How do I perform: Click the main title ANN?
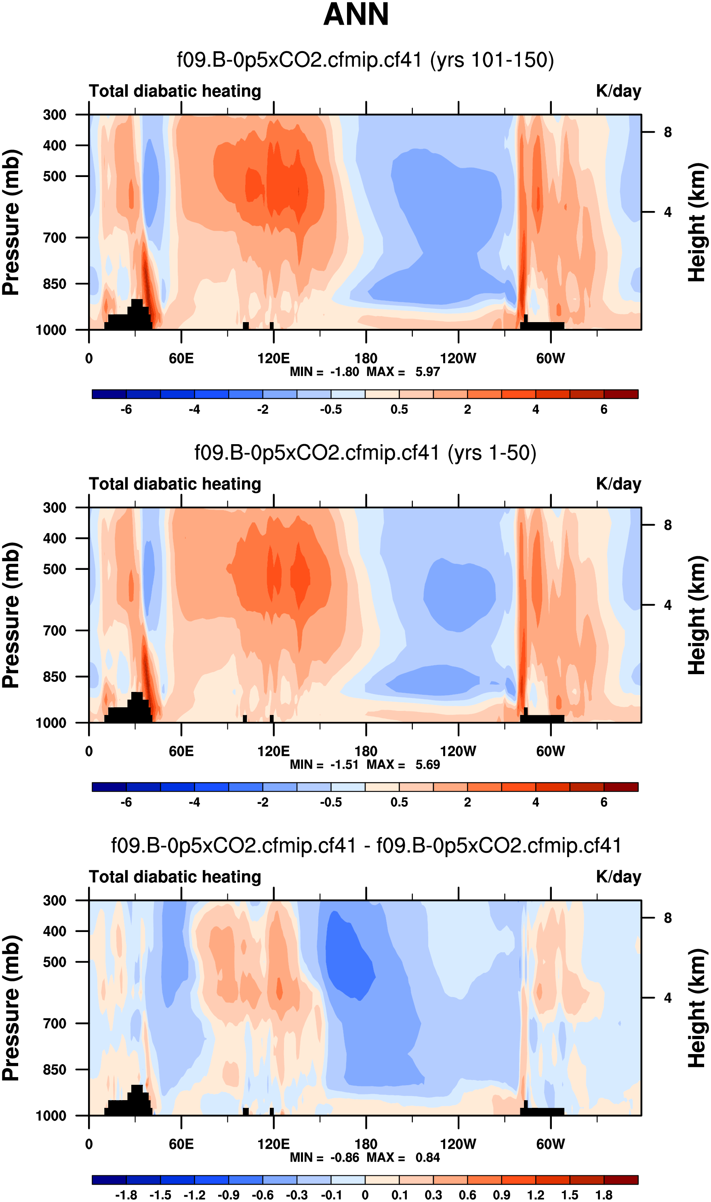pos(355,15)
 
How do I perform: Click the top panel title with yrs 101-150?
pos(365,60)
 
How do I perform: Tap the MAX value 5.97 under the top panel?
pos(427,372)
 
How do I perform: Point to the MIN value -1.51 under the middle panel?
pos(345,764)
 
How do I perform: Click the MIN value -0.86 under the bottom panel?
pos(345,1158)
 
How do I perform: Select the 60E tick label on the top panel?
pos(181,358)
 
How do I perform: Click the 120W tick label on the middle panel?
pos(458,751)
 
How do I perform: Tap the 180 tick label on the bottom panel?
pos(366,1144)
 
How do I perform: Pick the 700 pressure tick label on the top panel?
pos(55,238)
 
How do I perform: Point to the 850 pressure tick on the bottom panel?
pos(55,1069)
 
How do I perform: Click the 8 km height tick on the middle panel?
pos(667,525)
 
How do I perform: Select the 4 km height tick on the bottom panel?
pos(667,998)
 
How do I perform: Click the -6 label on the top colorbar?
pos(126,409)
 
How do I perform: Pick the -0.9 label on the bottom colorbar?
pos(228,1195)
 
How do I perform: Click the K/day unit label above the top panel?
pos(618,91)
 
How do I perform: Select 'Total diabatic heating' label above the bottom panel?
pos(175,877)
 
